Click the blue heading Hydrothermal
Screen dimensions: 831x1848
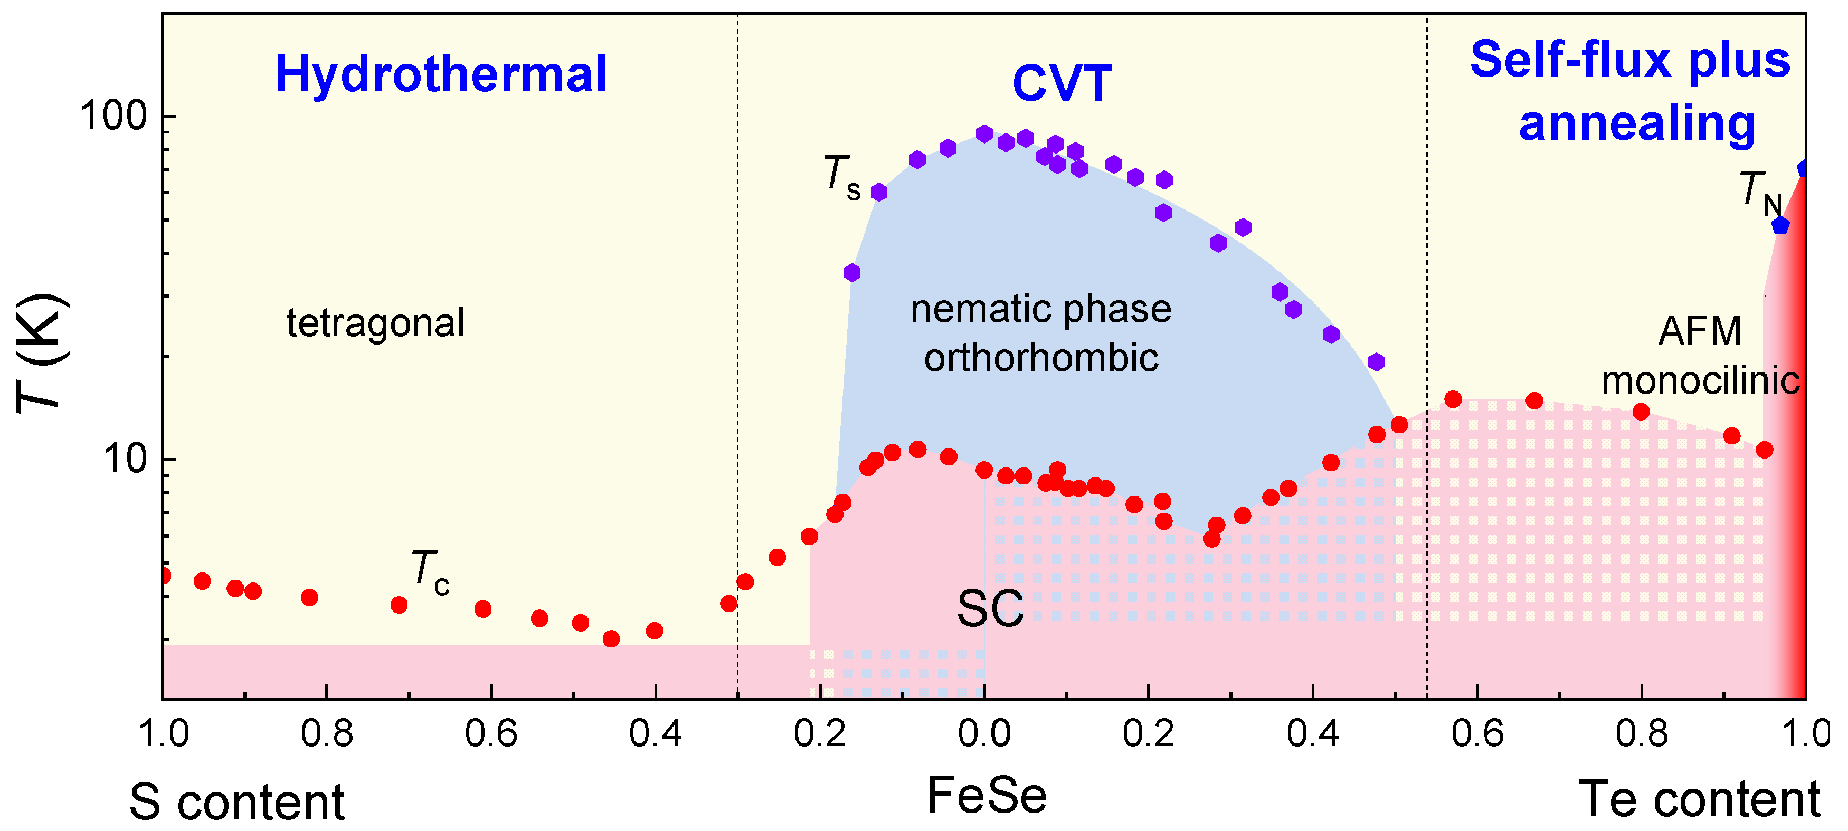pyautogui.click(x=441, y=74)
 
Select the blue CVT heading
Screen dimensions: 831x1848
pyautogui.click(x=1062, y=84)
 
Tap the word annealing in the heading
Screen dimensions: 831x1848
pyautogui.click(x=1637, y=124)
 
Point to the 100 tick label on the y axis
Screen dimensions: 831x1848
pyautogui.click(x=113, y=116)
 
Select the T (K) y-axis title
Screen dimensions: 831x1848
pyautogui.click(x=42, y=353)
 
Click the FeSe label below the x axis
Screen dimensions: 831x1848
pyautogui.click(x=987, y=795)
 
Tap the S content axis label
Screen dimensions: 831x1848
pyautogui.click(x=236, y=801)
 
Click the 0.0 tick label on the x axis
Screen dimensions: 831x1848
pyautogui.click(x=984, y=733)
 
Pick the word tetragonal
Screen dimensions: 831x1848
pyautogui.click(x=375, y=323)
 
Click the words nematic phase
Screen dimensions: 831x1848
pyautogui.click(x=1041, y=309)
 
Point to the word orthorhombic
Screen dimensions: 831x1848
pyautogui.click(x=1041, y=357)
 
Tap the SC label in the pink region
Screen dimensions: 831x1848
pyautogui.click(x=991, y=609)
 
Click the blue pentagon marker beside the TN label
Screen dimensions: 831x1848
pyautogui.click(x=1780, y=225)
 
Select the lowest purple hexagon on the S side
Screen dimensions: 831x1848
pyautogui.click(x=851, y=272)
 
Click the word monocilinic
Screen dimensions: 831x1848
pyautogui.click(x=1700, y=380)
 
